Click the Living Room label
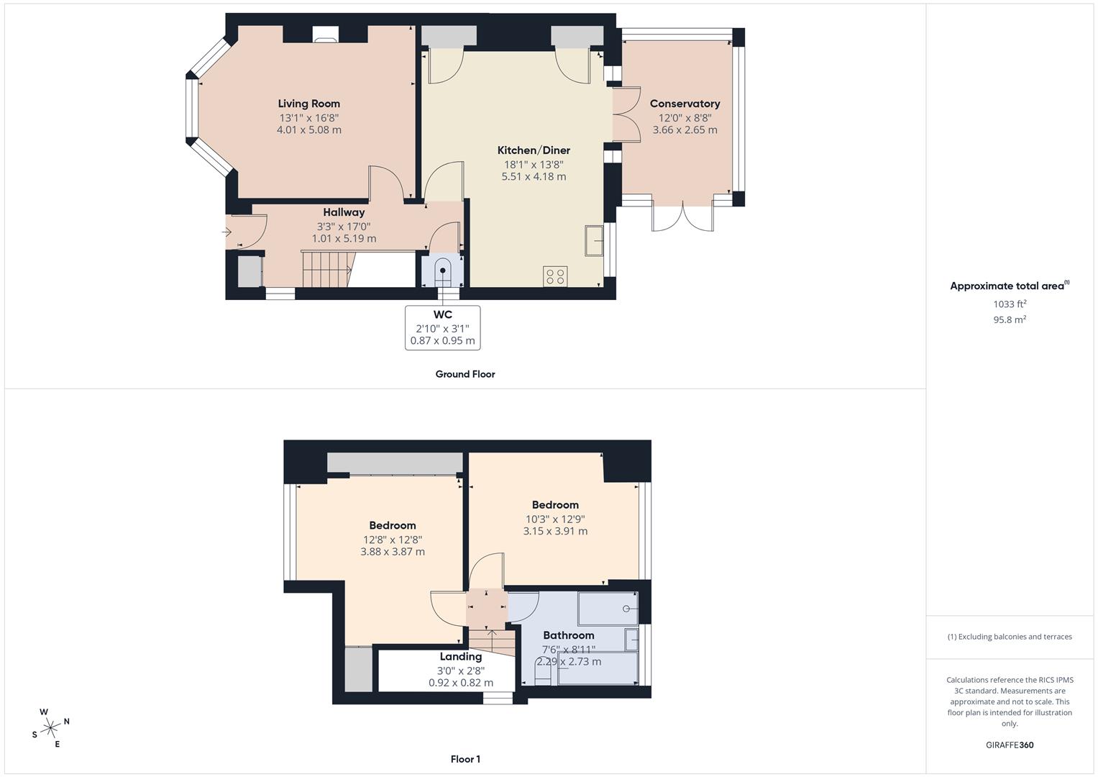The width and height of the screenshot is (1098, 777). [308, 104]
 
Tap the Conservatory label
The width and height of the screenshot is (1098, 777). [685, 104]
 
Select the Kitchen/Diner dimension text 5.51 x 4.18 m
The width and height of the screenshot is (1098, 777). [534, 176]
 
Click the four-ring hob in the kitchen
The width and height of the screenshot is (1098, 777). [555, 276]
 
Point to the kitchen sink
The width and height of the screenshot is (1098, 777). [594, 241]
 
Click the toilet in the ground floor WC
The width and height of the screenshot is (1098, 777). [443, 272]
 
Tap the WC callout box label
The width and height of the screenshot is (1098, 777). [443, 314]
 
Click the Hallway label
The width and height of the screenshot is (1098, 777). [344, 212]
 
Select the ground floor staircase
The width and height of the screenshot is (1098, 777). [326, 269]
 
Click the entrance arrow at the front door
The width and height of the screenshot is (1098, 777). [227, 232]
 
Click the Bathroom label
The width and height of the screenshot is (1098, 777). [569, 636]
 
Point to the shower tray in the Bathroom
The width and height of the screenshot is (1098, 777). [608, 609]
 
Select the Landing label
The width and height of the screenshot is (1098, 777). [461, 656]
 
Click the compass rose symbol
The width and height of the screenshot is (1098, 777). [50, 728]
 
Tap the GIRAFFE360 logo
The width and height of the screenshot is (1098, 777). [1010, 745]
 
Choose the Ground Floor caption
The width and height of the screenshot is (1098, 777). [465, 374]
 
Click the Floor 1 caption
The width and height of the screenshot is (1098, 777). [465, 759]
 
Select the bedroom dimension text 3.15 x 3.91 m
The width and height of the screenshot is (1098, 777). [555, 531]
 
